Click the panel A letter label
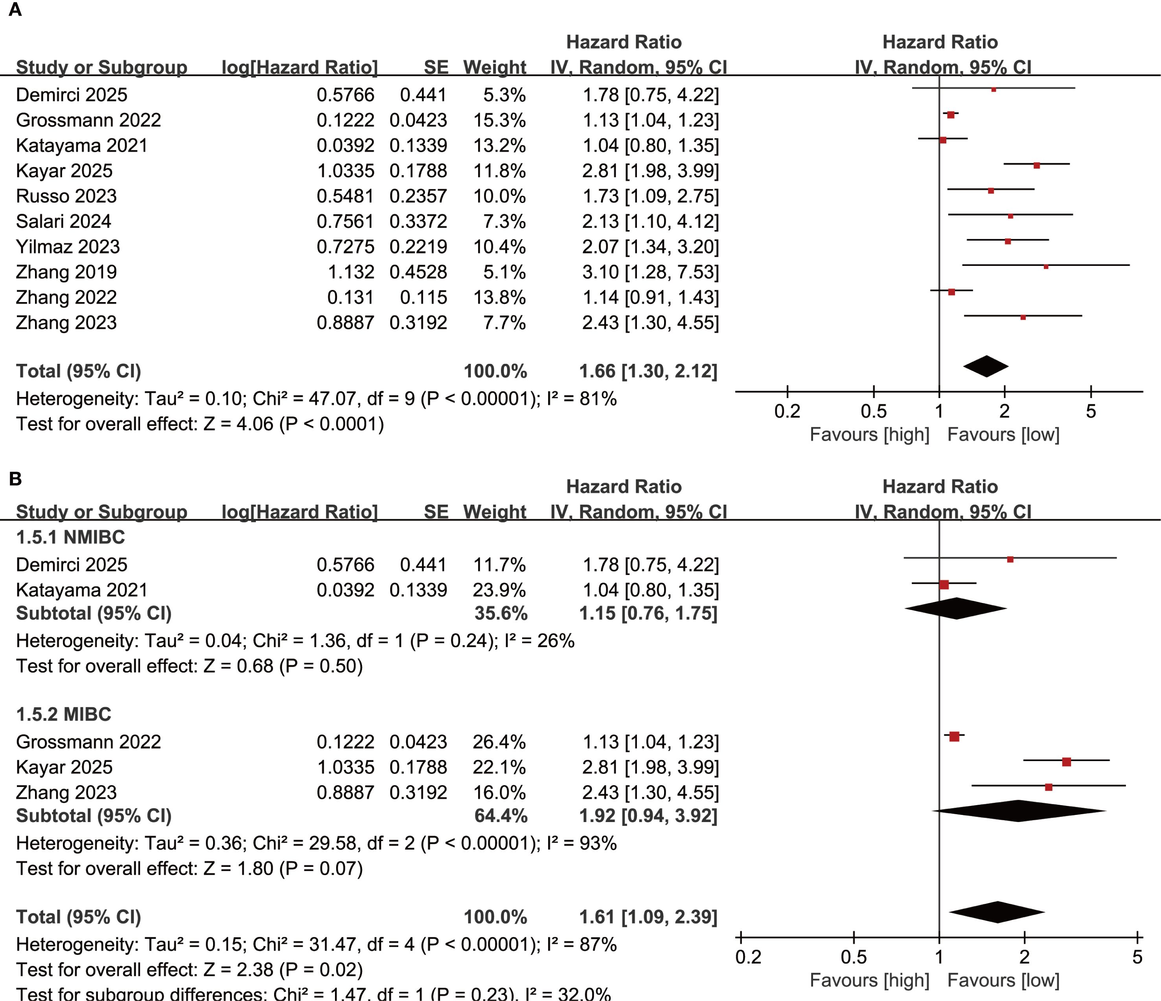pyautogui.click(x=15, y=10)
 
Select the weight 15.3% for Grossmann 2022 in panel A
pyautogui.click(x=499, y=120)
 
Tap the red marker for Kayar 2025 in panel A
pyautogui.click(x=1037, y=165)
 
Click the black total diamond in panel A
pyautogui.click(x=986, y=367)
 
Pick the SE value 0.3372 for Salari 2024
pyautogui.click(x=418, y=221)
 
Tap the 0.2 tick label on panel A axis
pyautogui.click(x=787, y=411)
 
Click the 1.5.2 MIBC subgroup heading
pyautogui.click(x=63, y=714)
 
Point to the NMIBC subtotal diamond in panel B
pyautogui.click(x=956, y=608)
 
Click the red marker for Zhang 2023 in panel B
pyautogui.click(x=1049, y=787)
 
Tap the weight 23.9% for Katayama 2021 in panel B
pyautogui.click(x=499, y=590)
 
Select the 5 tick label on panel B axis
pyautogui.click(x=1137, y=957)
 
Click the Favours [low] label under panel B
pyautogui.click(x=1003, y=980)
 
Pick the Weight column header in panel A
pyautogui.click(x=494, y=67)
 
